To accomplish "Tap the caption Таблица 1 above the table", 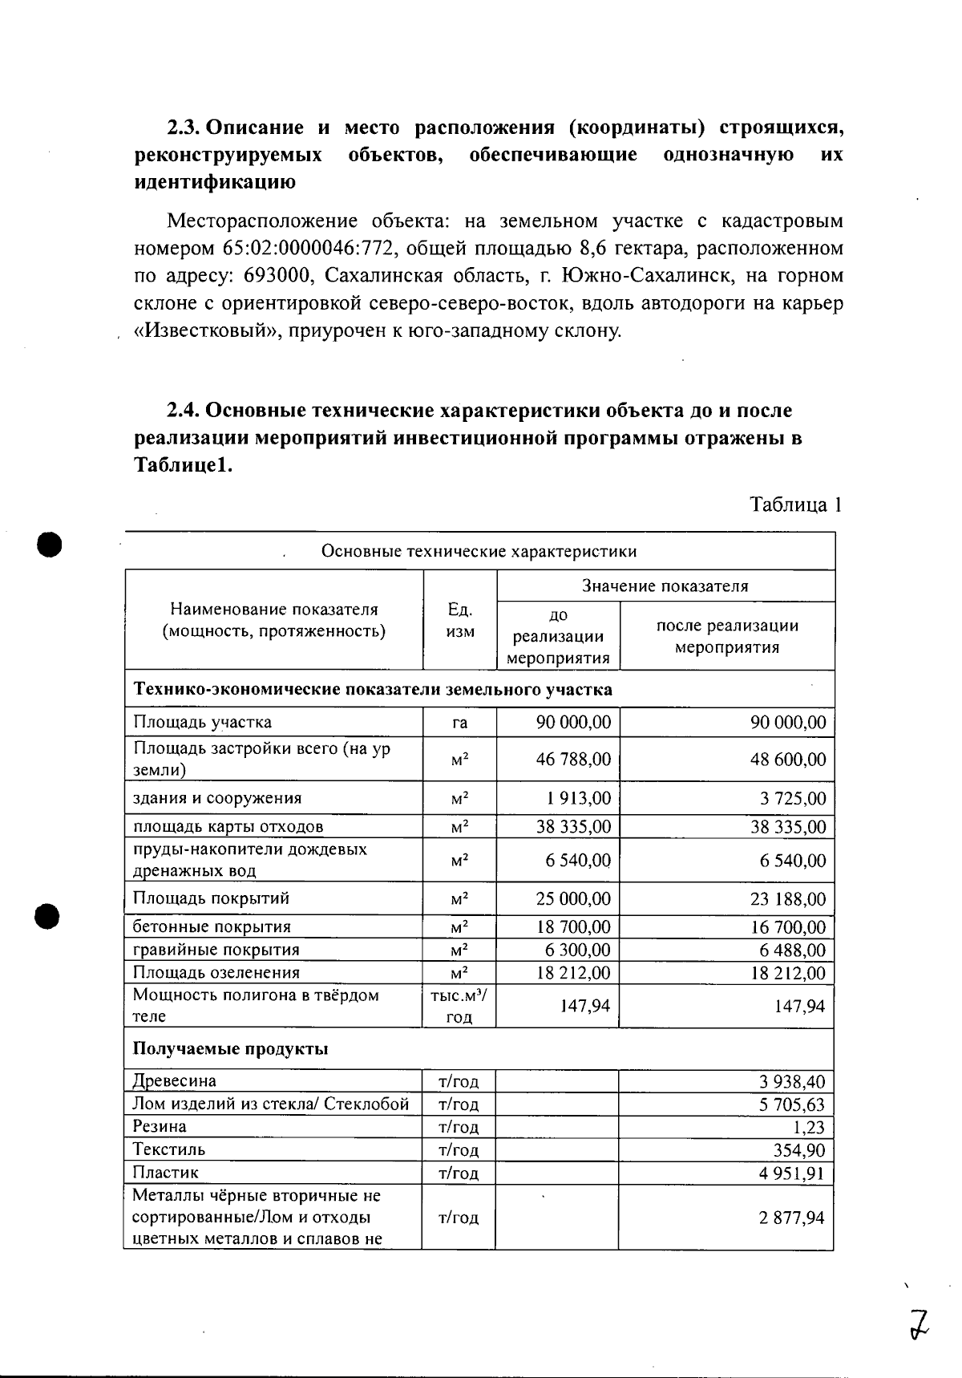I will click(794, 505).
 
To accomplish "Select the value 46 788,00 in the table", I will click(573, 759).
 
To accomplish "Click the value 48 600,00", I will click(787, 759).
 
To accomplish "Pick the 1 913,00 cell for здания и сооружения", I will click(579, 798).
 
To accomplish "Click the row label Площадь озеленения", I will click(216, 972).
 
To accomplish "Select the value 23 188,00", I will click(787, 898).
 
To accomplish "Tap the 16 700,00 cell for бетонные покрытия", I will click(787, 927).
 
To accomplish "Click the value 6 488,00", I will click(793, 950).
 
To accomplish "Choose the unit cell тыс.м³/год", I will click(459, 1006).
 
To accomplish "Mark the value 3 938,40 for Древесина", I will click(792, 1081).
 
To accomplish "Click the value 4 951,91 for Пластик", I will click(792, 1173).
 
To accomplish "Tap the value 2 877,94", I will click(792, 1218).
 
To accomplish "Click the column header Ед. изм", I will click(459, 620).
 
